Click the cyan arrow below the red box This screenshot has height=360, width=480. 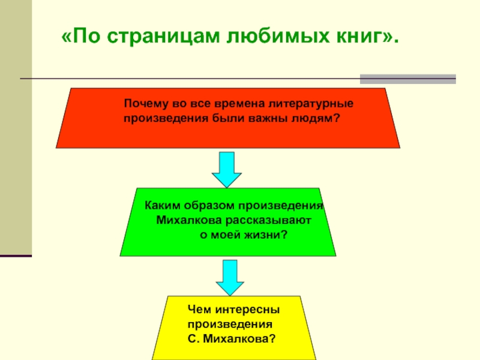227,169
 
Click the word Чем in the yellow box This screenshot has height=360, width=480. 198,310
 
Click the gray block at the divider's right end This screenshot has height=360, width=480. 407,79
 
